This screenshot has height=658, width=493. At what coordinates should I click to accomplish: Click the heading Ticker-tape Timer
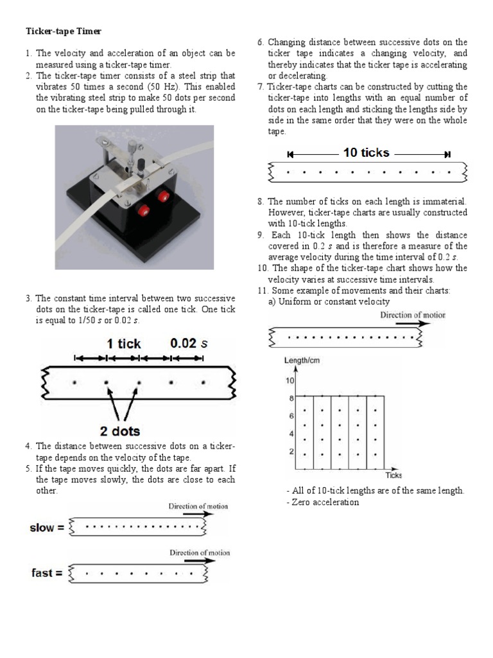click(x=63, y=31)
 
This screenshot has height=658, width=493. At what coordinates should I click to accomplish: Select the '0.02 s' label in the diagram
click(x=189, y=343)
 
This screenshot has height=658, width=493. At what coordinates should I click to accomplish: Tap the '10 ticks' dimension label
click(x=366, y=152)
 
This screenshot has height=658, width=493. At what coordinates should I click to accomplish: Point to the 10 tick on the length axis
click(x=290, y=380)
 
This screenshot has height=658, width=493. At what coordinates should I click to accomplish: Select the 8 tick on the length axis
click(x=291, y=398)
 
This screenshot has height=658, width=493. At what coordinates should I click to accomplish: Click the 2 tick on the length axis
click(x=291, y=451)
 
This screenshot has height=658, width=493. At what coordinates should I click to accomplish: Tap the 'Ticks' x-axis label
click(x=393, y=475)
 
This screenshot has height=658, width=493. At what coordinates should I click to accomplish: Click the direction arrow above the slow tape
click(x=198, y=514)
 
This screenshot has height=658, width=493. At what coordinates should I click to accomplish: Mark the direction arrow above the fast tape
click(x=199, y=560)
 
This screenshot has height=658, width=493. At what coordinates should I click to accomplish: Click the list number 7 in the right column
click(x=260, y=87)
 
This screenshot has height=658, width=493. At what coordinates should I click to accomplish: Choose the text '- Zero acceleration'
click(x=322, y=502)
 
